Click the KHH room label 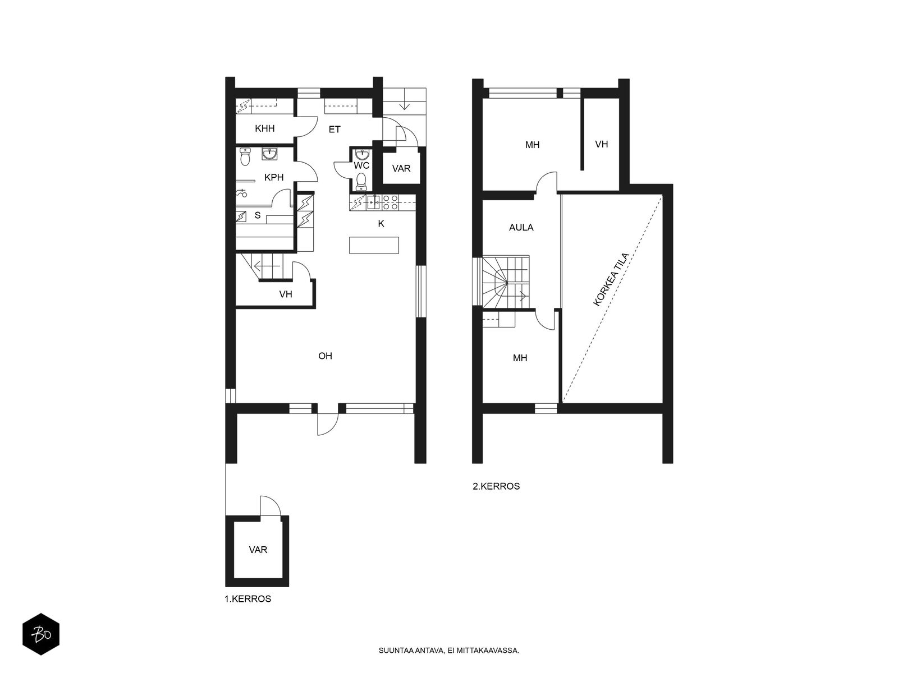coord(264,129)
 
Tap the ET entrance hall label coord(335,130)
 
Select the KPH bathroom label coord(274,177)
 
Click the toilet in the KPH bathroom coord(245,156)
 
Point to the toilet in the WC coord(361,182)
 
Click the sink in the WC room coord(361,154)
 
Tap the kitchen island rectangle coord(374,245)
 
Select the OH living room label coord(325,356)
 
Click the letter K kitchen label coord(381,224)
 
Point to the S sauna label coord(257,215)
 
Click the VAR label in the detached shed coord(258,550)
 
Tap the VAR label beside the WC coord(401,168)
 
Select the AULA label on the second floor coord(521,228)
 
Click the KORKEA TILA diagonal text coord(611,279)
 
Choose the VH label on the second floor coord(601,144)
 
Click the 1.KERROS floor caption coord(248,598)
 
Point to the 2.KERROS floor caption coord(496,486)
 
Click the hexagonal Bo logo coord(41,634)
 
